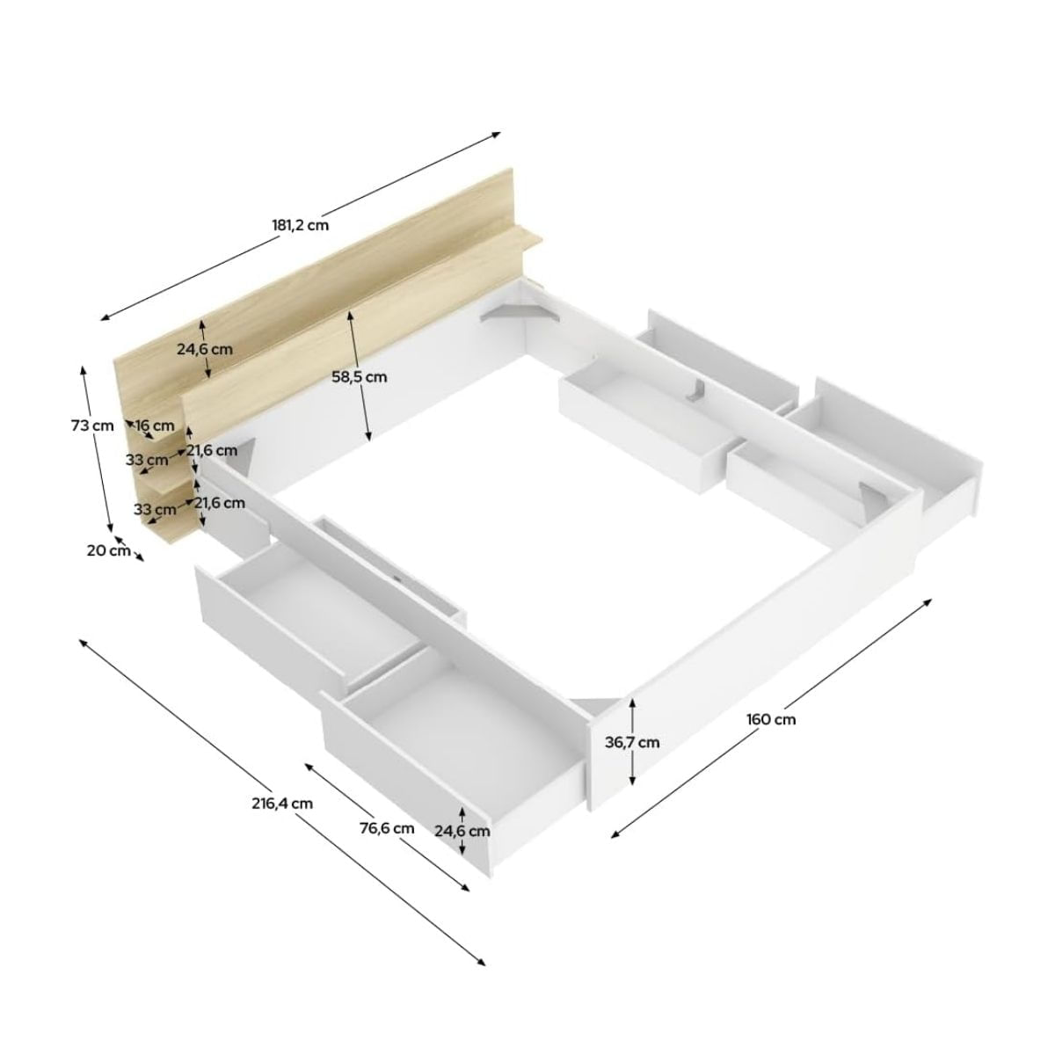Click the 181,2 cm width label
point(300,224)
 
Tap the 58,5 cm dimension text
point(359,377)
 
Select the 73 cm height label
point(92,426)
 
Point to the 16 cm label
point(155,426)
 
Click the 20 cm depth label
point(108,550)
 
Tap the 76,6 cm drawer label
point(387,828)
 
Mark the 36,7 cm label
point(632,742)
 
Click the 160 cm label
point(771,719)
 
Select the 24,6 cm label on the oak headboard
point(205,348)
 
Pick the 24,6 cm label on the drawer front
point(462,831)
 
